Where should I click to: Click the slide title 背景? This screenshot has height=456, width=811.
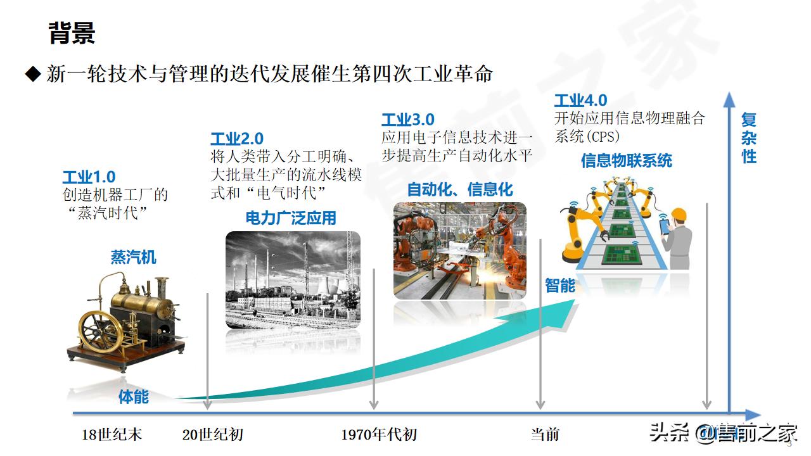(x=72, y=33)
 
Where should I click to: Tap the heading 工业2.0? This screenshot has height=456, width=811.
(x=237, y=139)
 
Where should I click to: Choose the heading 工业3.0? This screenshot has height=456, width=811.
(x=408, y=120)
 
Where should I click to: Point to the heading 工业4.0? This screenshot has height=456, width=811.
(x=580, y=101)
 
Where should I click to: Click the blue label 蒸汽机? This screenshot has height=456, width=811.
(x=133, y=257)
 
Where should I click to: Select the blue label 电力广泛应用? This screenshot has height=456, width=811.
(x=291, y=218)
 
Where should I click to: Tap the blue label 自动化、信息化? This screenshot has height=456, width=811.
(x=460, y=189)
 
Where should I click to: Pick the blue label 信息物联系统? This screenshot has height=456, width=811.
(x=626, y=161)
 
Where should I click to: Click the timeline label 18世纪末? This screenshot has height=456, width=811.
(x=112, y=434)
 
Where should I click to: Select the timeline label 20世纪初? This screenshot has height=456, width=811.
(x=212, y=434)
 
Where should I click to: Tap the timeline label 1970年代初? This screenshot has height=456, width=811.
(x=379, y=434)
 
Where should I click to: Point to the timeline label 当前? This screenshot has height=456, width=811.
(x=545, y=434)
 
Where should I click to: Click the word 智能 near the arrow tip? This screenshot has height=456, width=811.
(x=560, y=286)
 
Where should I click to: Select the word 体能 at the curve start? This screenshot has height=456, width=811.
(x=134, y=397)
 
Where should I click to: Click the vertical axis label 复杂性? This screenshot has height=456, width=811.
(x=749, y=137)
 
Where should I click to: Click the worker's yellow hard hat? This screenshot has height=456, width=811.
(x=679, y=213)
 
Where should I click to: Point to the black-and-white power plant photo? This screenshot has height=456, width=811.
(x=293, y=279)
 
